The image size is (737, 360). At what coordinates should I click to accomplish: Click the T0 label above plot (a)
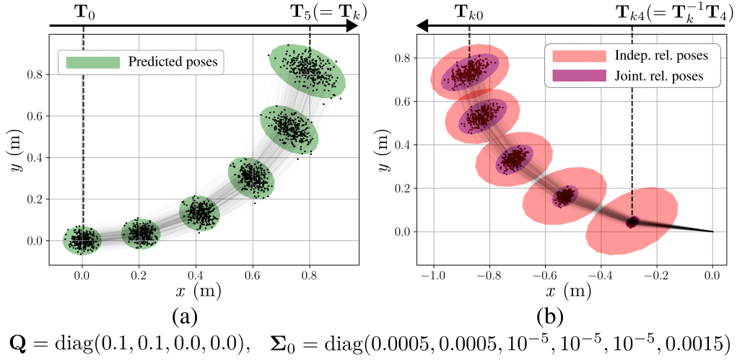coord(84,12)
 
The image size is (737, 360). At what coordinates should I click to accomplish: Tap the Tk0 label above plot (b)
coord(470,12)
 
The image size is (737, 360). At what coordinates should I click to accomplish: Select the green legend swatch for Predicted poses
coord(92,62)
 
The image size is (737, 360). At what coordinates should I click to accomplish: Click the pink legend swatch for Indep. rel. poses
coord(579,56)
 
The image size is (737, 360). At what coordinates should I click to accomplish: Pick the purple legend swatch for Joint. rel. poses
coord(579,75)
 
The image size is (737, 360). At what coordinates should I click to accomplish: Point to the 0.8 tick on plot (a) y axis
coord(33,74)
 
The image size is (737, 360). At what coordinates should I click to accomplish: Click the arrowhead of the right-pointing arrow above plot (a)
coord(352,26)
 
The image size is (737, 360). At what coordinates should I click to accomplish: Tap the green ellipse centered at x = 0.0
coord(82,240)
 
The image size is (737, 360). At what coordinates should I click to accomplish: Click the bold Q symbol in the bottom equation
coord(17,342)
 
